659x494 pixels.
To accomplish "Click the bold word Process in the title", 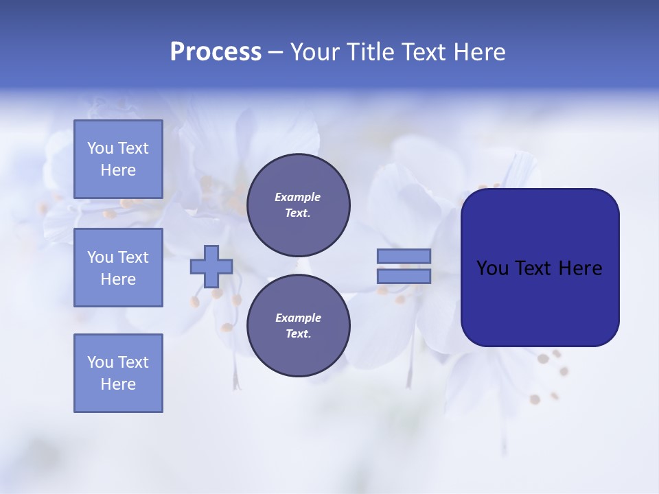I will [x=216, y=52].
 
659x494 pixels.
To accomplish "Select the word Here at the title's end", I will [x=478, y=52].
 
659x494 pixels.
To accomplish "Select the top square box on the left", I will [x=118, y=159].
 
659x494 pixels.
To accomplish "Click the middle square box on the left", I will [x=118, y=268].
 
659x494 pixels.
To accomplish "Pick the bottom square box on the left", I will [x=118, y=373].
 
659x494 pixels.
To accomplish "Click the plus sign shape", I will [x=211, y=266].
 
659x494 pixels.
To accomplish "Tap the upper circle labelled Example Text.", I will [x=298, y=205].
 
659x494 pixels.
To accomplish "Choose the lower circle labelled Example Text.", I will [x=298, y=326].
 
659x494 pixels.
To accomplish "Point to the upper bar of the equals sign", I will [x=404, y=257].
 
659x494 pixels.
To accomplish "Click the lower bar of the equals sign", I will [x=404, y=277].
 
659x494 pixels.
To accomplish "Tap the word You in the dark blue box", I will [x=492, y=268].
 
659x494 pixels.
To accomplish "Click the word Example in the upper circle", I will [x=298, y=198].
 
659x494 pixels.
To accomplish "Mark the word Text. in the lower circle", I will [x=298, y=334].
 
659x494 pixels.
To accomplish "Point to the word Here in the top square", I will [x=118, y=170].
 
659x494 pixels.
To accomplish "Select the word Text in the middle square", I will [x=132, y=257].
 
